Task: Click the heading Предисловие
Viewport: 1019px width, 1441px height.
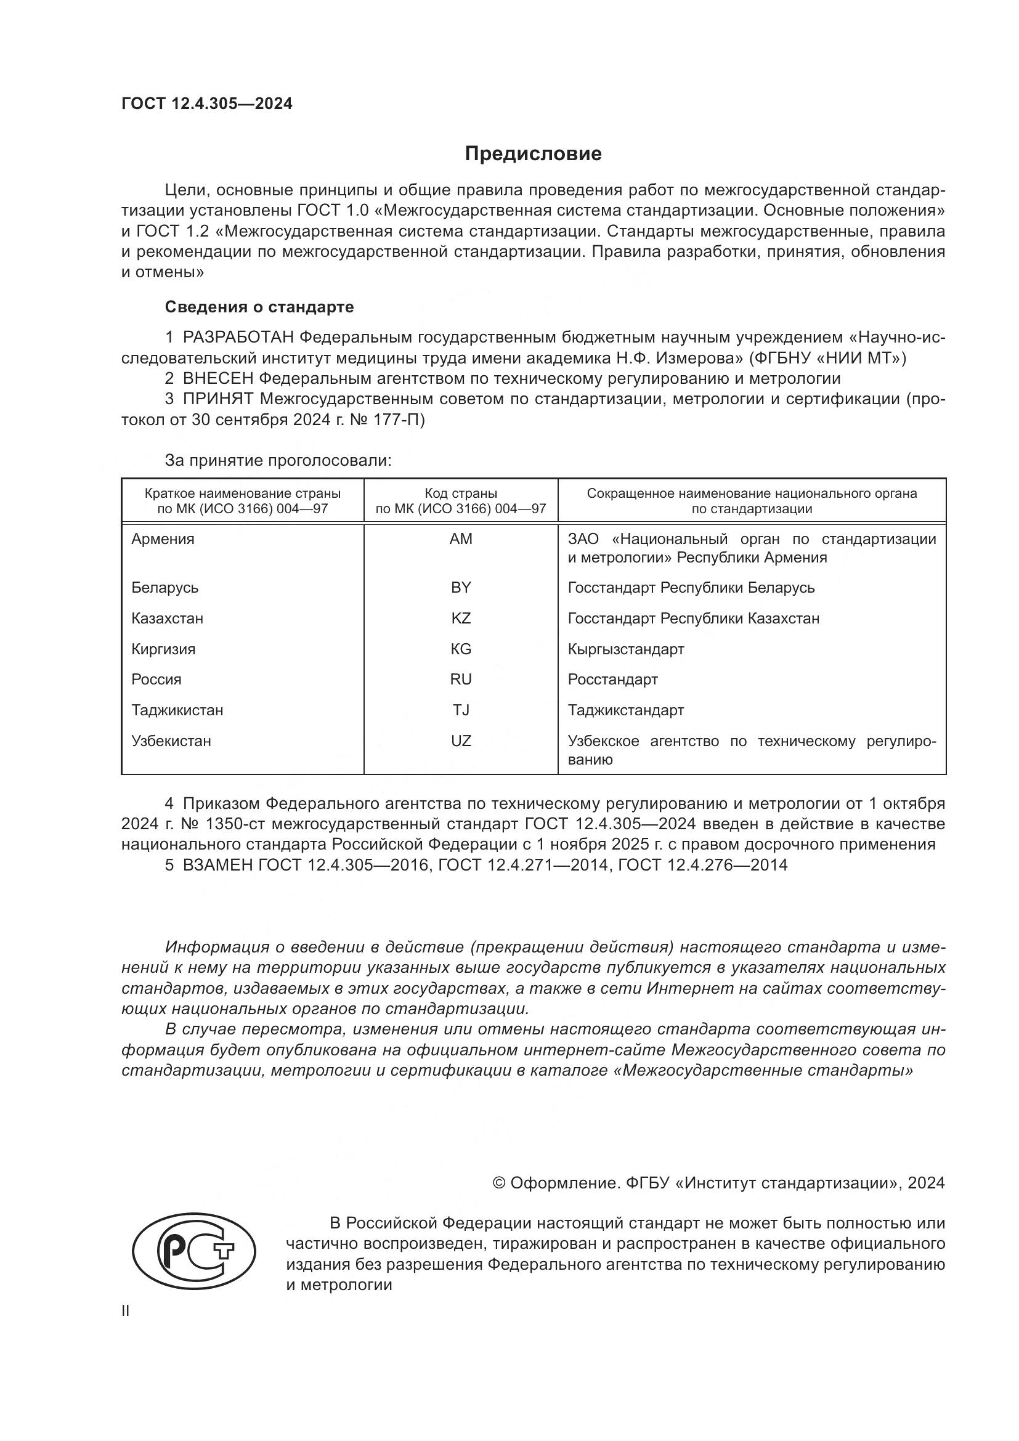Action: pos(533,154)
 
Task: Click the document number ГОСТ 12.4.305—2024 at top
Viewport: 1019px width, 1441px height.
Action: pos(206,104)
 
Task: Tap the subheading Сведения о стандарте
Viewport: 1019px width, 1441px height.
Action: pos(259,307)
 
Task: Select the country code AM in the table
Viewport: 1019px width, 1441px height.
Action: pos(461,539)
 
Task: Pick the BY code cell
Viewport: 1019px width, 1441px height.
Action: pos(461,588)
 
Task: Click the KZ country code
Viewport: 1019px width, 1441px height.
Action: pos(461,618)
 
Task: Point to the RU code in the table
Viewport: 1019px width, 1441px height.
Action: pos(461,679)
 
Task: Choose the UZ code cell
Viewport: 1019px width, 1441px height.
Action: pos(461,741)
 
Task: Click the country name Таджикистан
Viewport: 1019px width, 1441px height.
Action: pos(177,710)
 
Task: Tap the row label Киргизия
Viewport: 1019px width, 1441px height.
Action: pos(163,649)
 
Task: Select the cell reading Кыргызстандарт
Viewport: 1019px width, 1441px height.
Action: pos(625,649)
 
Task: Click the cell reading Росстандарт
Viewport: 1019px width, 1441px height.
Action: pos(612,679)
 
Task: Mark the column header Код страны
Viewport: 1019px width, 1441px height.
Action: pos(461,493)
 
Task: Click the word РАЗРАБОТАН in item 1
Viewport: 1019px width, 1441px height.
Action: pos(238,338)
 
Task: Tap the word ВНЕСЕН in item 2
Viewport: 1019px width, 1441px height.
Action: pos(217,378)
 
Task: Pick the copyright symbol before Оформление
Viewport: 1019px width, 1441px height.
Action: pos(499,1183)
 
